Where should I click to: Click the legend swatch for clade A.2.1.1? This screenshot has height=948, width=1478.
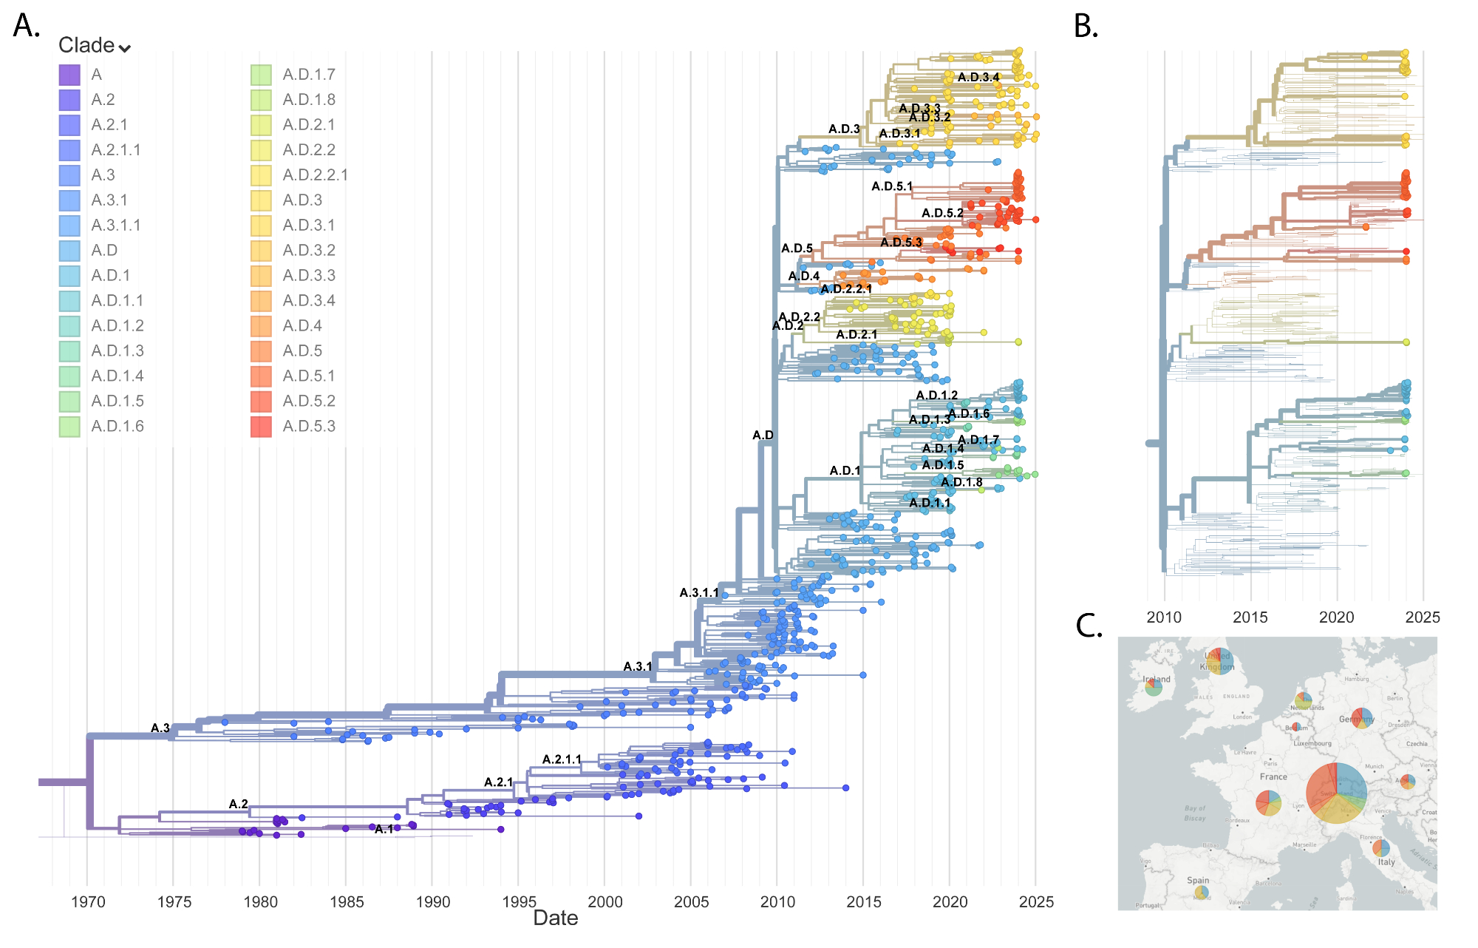coord(69,150)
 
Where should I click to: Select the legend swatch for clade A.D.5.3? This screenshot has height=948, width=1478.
coord(261,427)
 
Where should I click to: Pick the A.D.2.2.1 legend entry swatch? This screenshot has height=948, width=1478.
coord(261,175)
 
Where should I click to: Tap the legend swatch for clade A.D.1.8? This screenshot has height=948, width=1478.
coord(261,100)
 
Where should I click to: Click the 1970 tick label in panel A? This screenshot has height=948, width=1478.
coord(88,902)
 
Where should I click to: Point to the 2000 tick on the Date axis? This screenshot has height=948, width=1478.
coord(605,902)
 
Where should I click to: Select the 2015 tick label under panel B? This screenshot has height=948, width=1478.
coord(1250,617)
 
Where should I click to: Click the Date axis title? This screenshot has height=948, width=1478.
coord(556,918)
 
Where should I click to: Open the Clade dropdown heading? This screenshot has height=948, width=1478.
coord(95,46)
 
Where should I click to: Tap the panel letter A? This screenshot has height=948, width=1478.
coord(27,27)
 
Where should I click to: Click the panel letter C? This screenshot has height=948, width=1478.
coord(1089,626)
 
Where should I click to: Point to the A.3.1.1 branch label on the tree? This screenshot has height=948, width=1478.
coord(699,593)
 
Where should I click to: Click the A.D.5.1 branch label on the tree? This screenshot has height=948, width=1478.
coord(892,186)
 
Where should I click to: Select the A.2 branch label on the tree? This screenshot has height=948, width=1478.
coord(239,805)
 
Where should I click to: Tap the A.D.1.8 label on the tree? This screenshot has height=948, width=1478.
coord(961,483)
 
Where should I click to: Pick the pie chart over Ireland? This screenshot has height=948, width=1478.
coord(1153,688)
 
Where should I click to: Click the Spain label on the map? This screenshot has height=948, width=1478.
coord(1198,881)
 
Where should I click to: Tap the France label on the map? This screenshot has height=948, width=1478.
coord(1273,777)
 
